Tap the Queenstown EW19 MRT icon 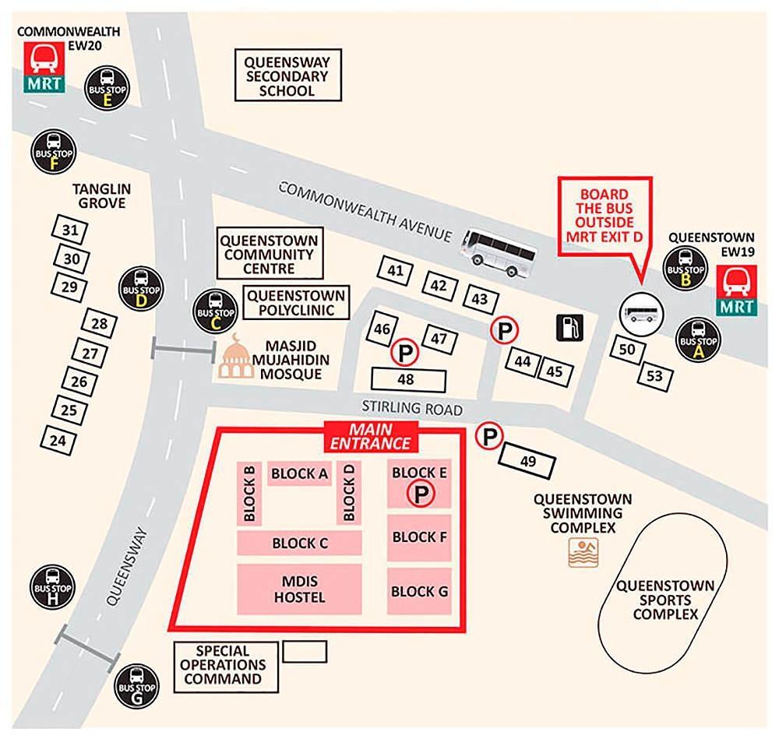pos(736,290)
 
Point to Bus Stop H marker pos(52,587)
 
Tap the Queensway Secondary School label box pos(287,76)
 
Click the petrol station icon pos(570,327)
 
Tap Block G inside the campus pos(419,591)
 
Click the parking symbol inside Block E pos(421,493)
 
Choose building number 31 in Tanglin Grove pos(70,230)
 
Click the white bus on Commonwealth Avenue pos(499,251)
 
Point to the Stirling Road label pos(412,409)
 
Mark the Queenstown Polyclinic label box pos(296,303)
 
